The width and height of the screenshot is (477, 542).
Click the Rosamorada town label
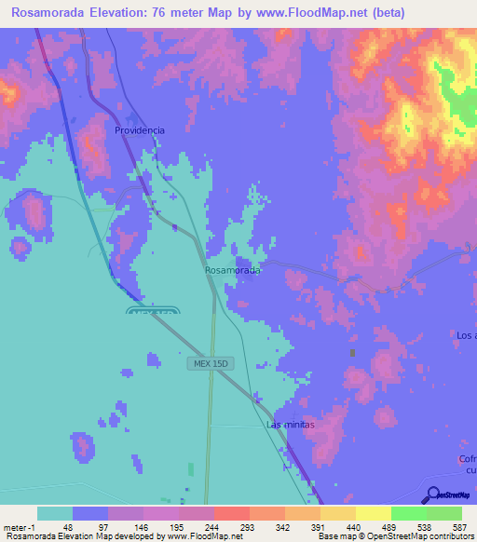[232, 270]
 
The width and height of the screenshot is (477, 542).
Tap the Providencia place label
[140, 130]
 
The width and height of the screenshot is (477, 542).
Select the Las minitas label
[292, 425]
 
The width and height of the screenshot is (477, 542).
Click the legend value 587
[460, 526]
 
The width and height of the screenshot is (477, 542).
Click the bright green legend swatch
[408, 513]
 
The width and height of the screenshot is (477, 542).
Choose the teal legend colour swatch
[55, 513]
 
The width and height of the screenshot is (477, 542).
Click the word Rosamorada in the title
[39, 13]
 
